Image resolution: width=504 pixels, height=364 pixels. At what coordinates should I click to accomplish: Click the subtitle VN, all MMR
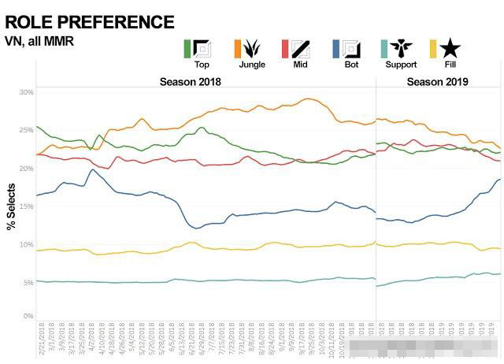pyautogui.click(x=39, y=41)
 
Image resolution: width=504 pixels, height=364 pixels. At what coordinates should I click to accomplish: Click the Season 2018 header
pyautogui.click(x=190, y=82)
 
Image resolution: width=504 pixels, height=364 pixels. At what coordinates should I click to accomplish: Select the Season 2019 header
pyautogui.click(x=437, y=82)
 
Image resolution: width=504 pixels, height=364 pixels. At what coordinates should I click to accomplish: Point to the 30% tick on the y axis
pyautogui.click(x=26, y=92)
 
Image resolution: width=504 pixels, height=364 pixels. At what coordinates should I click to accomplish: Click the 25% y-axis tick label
pyautogui.click(x=26, y=130)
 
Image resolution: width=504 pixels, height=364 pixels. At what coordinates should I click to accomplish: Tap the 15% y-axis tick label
pyautogui.click(x=26, y=206)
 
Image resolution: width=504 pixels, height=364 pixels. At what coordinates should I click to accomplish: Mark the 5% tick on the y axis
pyautogui.click(x=28, y=282)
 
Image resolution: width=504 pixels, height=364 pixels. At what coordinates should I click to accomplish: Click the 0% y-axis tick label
pyautogui.click(x=28, y=316)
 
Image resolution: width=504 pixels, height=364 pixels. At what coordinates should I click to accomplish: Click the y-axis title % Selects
pyautogui.click(x=12, y=207)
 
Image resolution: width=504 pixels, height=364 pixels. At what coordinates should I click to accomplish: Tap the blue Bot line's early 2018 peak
pyautogui.click(x=93, y=169)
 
